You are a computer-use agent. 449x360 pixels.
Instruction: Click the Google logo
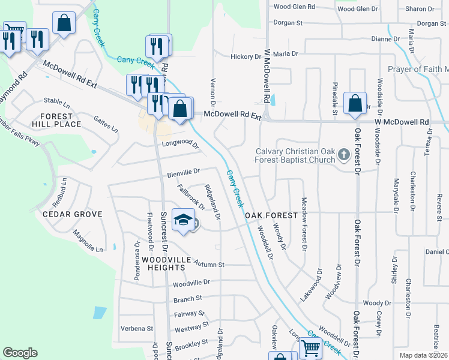20,353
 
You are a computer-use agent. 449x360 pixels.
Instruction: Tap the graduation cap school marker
184,220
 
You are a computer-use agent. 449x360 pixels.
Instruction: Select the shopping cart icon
310,348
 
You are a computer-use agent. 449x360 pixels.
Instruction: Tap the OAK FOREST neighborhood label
271,215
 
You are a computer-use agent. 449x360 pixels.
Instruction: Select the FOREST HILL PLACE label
61,120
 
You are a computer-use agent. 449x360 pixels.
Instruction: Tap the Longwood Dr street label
179,144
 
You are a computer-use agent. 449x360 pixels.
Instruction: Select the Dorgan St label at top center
288,23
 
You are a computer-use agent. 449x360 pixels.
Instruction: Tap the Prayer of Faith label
418,70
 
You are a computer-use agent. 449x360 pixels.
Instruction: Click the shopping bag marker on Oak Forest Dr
355,103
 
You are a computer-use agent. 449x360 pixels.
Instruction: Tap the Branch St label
187,299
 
